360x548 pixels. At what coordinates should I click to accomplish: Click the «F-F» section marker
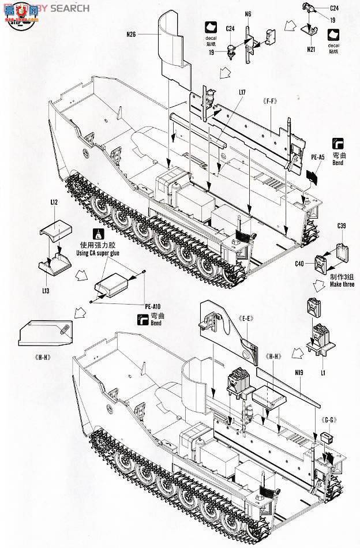[268, 102]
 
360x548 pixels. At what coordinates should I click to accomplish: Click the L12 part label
[54, 203]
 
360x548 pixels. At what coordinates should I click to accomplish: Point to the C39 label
[342, 228]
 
